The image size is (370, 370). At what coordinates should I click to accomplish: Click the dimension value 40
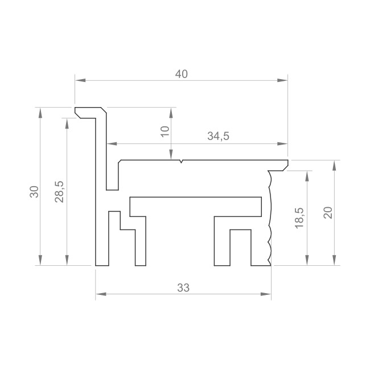[182, 74]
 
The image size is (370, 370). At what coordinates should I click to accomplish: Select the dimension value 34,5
[218, 136]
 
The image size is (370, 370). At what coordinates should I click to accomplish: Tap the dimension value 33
[183, 288]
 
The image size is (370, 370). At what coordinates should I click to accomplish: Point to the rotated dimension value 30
[34, 192]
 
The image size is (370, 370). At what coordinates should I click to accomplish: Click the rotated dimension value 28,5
[59, 192]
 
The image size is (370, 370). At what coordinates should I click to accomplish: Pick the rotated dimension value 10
[165, 131]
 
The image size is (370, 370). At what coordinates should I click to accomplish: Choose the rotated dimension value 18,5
[299, 218]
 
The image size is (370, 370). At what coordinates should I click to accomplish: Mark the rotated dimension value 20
[328, 213]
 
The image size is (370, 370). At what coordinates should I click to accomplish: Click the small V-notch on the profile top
[181, 162]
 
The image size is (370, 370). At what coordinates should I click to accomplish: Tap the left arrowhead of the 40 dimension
[80, 80]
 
